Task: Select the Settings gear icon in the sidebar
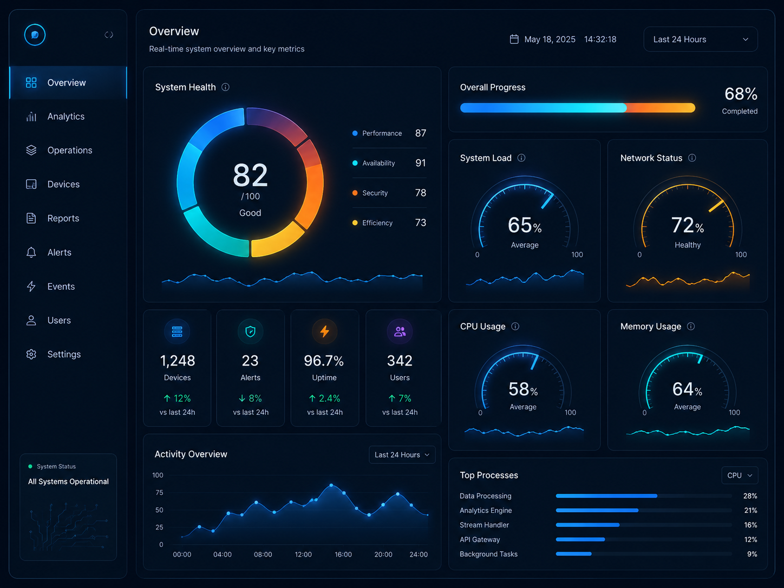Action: (31, 354)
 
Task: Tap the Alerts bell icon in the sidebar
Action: (31, 252)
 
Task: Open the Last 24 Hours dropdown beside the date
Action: (701, 40)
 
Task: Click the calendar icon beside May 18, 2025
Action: (514, 40)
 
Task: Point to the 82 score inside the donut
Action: (250, 175)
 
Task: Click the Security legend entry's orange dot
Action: (355, 193)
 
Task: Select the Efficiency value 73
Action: (420, 223)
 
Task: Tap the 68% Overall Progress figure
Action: (741, 94)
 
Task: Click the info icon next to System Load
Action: (521, 158)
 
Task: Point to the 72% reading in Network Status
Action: (688, 225)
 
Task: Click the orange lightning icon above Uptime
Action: (324, 331)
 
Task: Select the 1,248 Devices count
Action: (178, 361)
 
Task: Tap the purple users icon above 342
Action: (400, 331)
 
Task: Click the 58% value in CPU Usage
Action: (523, 389)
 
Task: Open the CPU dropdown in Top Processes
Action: (740, 475)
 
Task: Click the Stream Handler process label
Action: (484, 525)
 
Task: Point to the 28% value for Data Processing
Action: (750, 496)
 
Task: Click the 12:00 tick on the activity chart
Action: (303, 554)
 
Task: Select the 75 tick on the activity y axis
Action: (159, 493)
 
